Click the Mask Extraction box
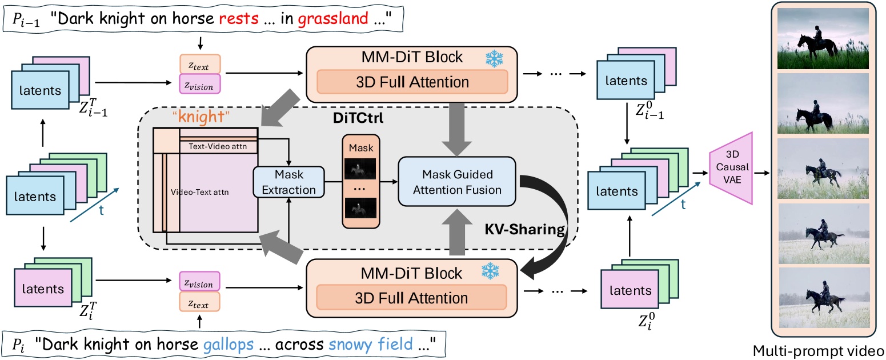point(289,181)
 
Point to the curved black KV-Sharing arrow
point(563,229)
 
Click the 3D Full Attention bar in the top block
point(411,82)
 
